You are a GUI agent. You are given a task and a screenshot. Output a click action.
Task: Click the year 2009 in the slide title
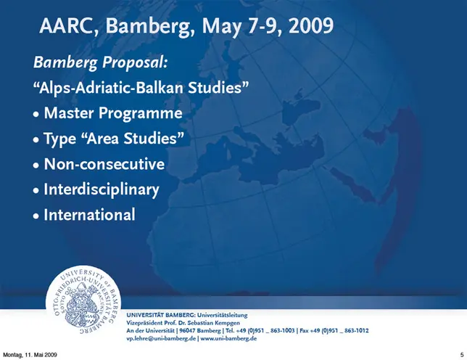[311, 25]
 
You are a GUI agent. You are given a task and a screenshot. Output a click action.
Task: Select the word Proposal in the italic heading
[135, 62]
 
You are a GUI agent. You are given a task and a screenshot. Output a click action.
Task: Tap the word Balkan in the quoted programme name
[160, 88]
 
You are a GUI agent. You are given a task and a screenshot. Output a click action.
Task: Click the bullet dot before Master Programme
[36, 114]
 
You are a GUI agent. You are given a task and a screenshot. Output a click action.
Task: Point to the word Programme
[140, 113]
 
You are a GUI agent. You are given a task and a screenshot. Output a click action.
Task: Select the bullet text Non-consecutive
[104, 164]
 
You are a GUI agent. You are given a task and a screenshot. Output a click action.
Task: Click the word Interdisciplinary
[102, 190]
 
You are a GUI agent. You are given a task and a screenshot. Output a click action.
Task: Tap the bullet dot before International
[36, 216]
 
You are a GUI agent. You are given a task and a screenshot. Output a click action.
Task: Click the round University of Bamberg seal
[83, 299]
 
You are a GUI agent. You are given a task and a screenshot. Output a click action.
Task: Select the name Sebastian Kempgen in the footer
[213, 323]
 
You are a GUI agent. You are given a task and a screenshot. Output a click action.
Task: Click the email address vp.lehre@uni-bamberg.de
[161, 338]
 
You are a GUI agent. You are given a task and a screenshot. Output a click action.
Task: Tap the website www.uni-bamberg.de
[228, 338]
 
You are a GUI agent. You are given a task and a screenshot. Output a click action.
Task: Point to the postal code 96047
[187, 330]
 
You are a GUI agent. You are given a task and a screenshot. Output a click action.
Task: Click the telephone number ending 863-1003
[265, 330]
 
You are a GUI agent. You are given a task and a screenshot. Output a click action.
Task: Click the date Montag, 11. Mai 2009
[30, 355]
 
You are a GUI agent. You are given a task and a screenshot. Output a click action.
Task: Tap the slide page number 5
[462, 355]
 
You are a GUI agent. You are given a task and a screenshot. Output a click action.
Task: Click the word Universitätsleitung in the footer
[222, 315]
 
